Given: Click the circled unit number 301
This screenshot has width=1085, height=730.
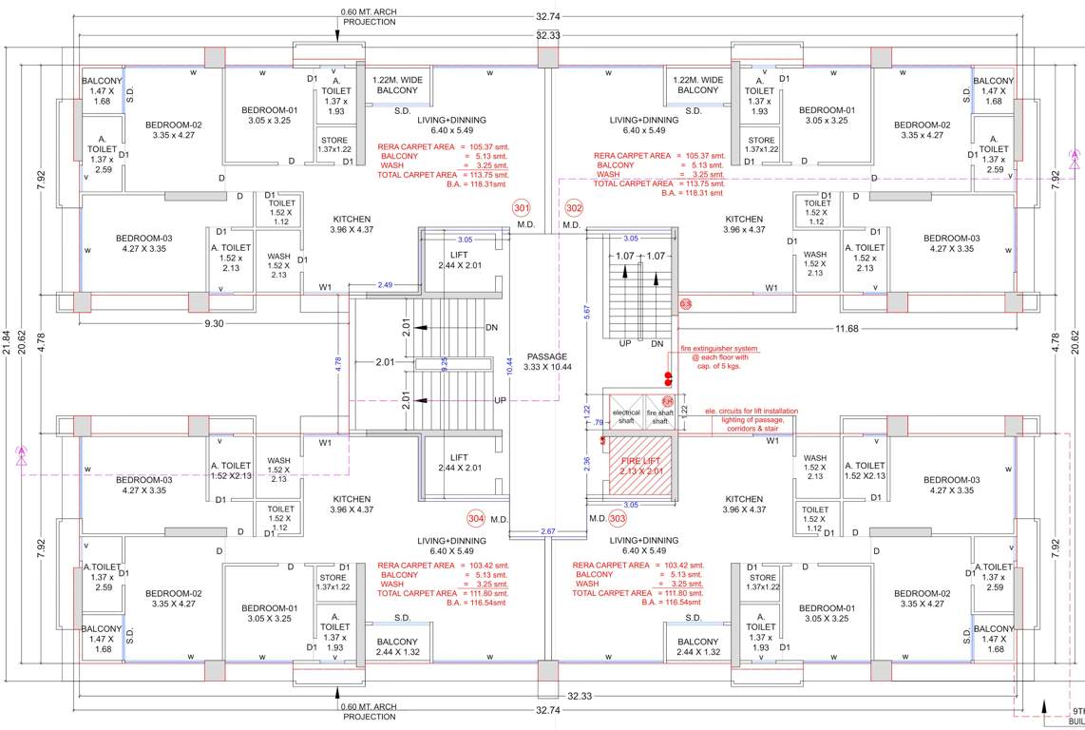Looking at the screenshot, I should point(521,208).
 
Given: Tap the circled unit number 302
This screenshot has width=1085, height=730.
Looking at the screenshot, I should point(574,208).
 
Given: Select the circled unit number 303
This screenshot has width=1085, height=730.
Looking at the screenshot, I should point(618,519).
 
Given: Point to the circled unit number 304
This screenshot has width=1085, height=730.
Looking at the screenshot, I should point(476,519).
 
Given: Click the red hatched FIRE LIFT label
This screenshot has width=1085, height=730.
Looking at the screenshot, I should point(639,465).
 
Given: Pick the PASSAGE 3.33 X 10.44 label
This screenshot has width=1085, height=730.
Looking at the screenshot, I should point(548,361).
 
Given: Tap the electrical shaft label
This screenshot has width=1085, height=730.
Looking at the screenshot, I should point(626,415).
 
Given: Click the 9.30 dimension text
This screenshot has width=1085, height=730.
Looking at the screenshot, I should point(214,324).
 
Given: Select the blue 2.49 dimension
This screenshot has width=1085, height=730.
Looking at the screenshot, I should point(385,285).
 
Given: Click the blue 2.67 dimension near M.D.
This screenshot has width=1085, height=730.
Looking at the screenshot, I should point(547,531).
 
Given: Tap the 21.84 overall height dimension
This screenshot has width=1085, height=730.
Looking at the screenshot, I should point(8,350).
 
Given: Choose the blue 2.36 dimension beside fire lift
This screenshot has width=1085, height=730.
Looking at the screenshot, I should point(586,463).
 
